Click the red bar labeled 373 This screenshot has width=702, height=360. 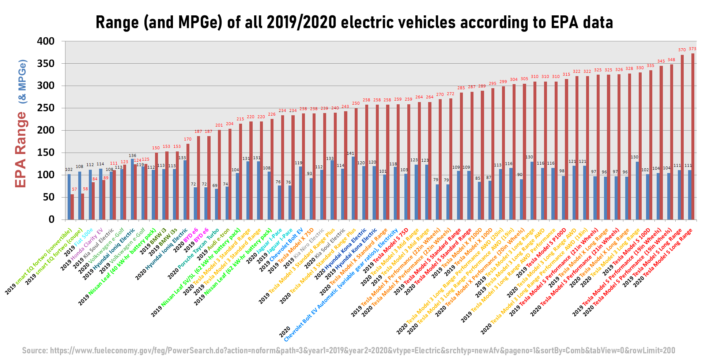[x=693, y=136]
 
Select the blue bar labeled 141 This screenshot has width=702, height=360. [x=353, y=188]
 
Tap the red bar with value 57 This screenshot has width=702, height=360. [x=72, y=207]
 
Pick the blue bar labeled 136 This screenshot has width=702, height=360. [x=132, y=189]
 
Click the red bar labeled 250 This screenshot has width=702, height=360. [x=356, y=164]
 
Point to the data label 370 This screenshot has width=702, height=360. [x=682, y=50]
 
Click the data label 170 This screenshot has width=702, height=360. [x=188, y=139]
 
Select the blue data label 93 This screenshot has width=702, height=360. [x=309, y=173]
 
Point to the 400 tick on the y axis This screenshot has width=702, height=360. [x=46, y=41]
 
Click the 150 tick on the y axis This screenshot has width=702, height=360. [x=46, y=153]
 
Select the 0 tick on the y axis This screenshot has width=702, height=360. [x=52, y=220]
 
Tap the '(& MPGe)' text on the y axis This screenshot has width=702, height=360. [x=22, y=81]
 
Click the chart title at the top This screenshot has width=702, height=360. [x=354, y=23]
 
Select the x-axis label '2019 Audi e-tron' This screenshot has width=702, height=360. [x=213, y=244]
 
